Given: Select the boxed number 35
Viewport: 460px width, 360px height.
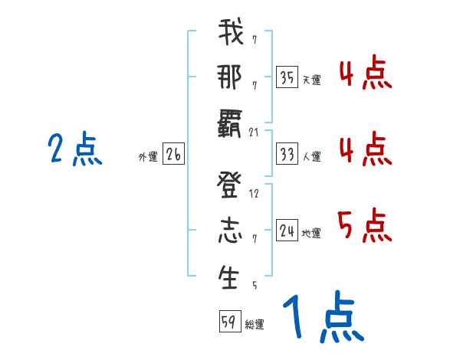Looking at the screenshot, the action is [287, 77].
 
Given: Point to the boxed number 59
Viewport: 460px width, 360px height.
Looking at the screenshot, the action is [229, 322].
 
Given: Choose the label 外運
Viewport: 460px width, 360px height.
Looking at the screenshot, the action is [148, 156].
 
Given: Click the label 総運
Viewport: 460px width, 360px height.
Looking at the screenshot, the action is [255, 324].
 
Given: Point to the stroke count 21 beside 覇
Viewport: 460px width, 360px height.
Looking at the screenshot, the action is [254, 133].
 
